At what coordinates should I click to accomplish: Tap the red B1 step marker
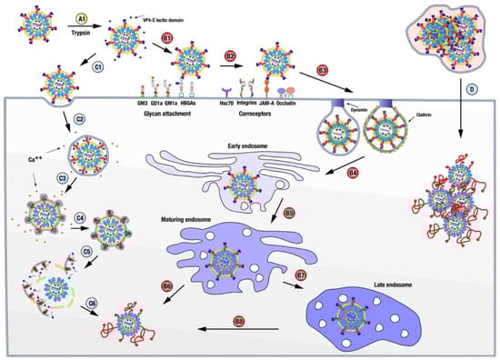pos(166,37)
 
